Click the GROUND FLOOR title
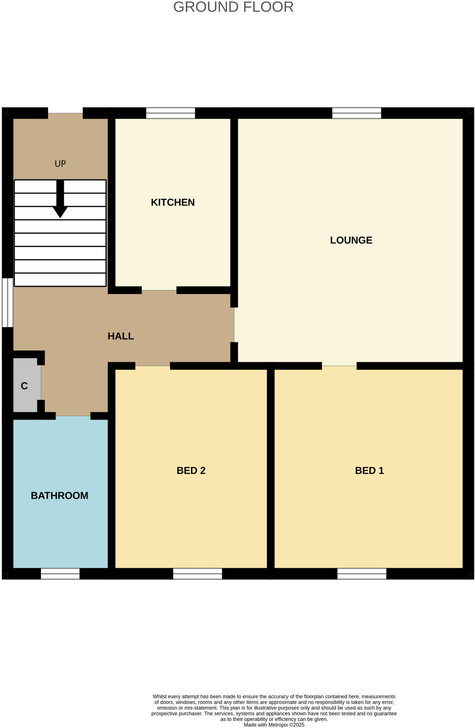(233, 7)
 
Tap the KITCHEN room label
(173, 202)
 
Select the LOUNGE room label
(351, 240)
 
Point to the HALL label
(121, 336)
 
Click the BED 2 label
(191, 471)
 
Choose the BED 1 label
(369, 471)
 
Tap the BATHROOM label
(59, 496)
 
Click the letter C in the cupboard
(24, 386)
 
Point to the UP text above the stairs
(60, 164)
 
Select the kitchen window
(170, 113)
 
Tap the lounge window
(357, 113)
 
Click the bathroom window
(60, 574)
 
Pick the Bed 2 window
(197, 574)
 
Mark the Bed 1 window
(362, 574)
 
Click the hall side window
(7, 303)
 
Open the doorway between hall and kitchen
(159, 290)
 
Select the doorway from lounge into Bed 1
(339, 366)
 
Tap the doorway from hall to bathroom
(73, 416)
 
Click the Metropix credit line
(274, 725)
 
